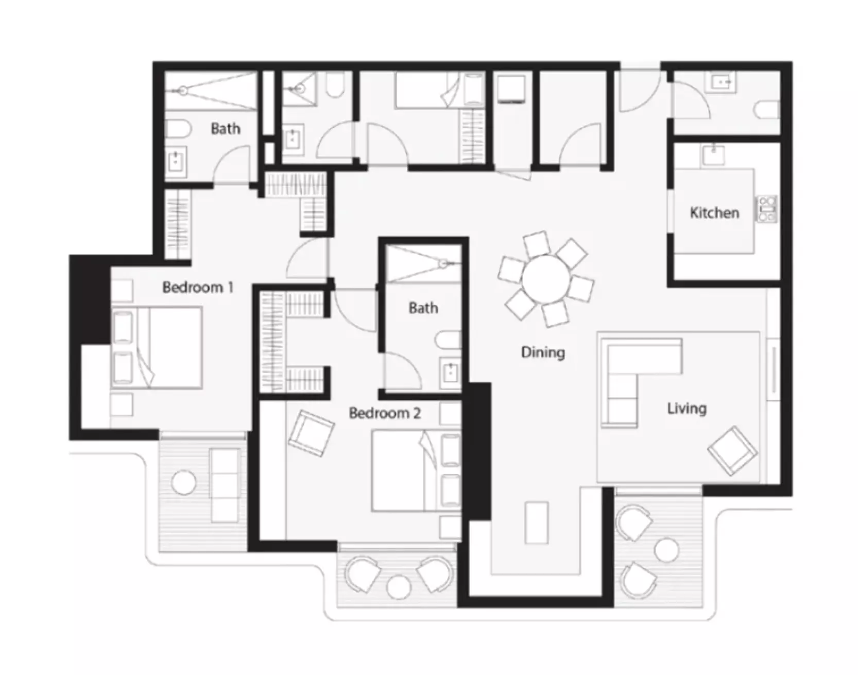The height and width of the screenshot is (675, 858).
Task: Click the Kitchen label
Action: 714,212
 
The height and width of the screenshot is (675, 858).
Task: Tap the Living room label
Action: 687,409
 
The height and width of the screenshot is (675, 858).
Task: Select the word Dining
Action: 543,352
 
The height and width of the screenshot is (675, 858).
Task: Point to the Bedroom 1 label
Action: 198,287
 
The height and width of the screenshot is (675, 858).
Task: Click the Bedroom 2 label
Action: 385,413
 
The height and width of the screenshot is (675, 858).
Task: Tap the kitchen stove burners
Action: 766,209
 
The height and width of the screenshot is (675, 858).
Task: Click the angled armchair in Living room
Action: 732,450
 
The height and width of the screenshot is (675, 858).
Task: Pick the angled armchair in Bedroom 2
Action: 311,432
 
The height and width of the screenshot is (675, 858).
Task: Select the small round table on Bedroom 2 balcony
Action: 399,587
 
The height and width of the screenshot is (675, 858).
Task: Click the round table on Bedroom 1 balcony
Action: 183,483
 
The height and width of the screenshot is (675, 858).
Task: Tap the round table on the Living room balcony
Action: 666,550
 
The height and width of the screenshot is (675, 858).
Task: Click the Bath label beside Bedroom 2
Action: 423,308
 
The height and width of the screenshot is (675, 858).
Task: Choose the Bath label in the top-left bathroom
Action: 226,128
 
